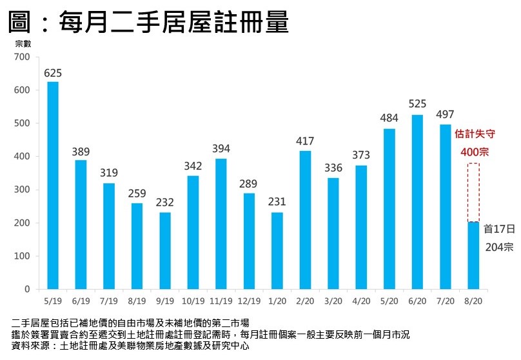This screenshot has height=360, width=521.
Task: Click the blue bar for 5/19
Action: point(53,185)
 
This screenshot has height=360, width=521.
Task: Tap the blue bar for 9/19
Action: point(164,251)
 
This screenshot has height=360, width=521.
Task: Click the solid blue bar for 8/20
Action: point(473,255)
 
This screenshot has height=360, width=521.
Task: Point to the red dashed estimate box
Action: point(473,192)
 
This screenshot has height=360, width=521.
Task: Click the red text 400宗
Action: point(473,153)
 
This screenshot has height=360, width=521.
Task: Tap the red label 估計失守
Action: point(473,134)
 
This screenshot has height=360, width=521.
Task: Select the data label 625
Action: point(53,72)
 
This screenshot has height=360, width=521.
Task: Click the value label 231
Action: point(277,203)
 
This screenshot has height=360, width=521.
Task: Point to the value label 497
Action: point(446,115)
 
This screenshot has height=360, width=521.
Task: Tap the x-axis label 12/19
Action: point(249,300)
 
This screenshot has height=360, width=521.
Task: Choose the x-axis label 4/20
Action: point(361,300)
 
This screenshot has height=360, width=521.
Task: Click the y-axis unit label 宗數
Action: point(23,44)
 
